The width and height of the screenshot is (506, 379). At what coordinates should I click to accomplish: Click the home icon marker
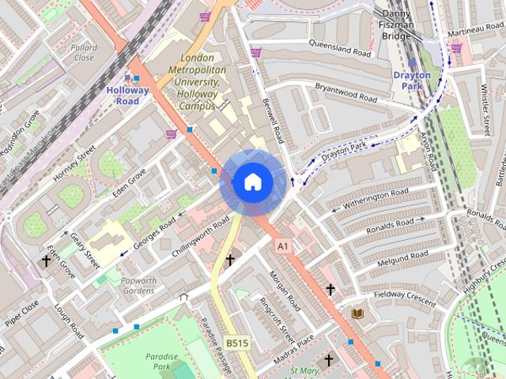(252, 182)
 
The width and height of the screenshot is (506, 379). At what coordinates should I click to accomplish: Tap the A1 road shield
(283, 247)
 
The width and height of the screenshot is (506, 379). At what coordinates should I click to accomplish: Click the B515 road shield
(236, 343)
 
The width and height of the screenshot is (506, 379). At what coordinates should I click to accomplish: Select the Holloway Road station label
(127, 95)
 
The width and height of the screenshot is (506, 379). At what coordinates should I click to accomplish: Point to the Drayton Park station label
(412, 81)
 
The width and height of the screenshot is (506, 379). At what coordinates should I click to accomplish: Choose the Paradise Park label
(161, 362)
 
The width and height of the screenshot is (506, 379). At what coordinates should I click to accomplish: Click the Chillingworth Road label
(200, 242)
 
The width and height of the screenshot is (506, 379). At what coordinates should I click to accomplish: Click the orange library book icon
(357, 313)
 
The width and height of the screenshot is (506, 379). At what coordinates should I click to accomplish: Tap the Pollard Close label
(83, 53)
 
